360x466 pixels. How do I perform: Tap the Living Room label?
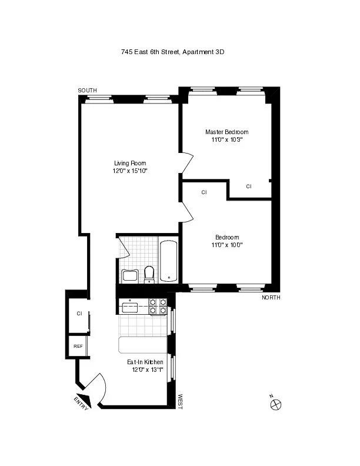(130, 163)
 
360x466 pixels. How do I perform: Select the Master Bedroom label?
(226, 132)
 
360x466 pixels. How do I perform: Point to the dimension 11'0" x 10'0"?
(226, 245)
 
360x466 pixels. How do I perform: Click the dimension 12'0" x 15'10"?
(130, 171)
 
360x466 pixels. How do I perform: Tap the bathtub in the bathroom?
(169, 261)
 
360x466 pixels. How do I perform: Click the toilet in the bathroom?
(149, 274)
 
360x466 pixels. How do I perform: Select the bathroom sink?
(129, 276)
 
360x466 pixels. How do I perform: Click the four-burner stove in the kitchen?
(158, 307)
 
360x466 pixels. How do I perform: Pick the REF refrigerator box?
(78, 346)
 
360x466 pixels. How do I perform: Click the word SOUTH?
(88, 90)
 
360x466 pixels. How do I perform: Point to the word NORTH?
(271, 298)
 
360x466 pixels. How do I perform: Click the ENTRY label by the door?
(81, 403)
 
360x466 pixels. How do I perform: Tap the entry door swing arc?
(98, 386)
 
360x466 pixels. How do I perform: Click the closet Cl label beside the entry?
(79, 314)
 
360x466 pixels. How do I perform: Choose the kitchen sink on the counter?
(129, 306)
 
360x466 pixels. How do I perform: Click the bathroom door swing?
(124, 248)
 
